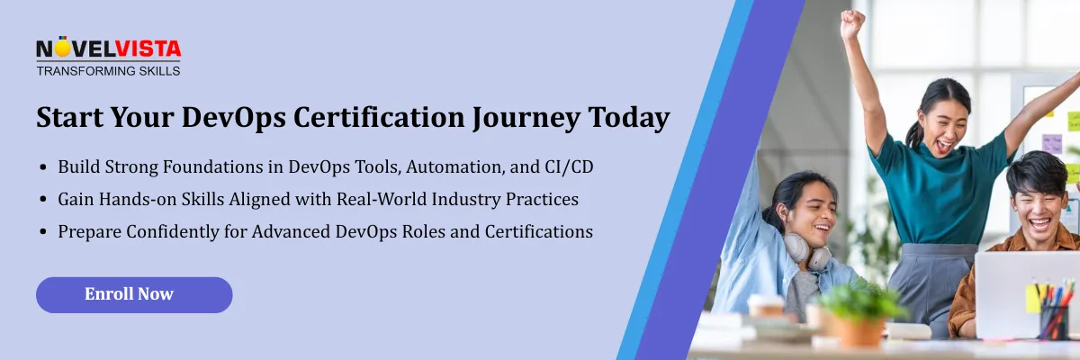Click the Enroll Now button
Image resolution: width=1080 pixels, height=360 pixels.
coord(133,294)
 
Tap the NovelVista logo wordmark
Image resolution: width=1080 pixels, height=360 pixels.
coord(108,49)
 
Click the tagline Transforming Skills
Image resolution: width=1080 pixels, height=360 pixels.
coord(108,70)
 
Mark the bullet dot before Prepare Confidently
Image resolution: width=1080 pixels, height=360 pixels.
coord(44,232)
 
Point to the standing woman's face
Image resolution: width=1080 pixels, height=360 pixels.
coord(943,116)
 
